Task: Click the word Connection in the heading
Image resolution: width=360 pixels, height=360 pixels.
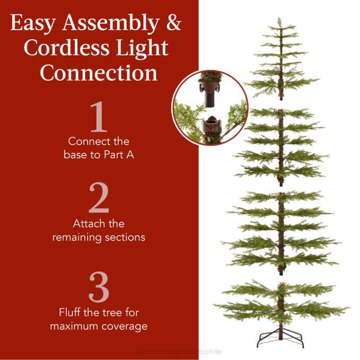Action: click(x=99, y=72)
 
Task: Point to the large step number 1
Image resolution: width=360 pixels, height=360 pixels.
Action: click(x=99, y=117)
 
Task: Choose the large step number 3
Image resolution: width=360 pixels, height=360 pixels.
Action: click(x=99, y=288)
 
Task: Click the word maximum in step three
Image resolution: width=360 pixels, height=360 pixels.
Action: click(x=74, y=326)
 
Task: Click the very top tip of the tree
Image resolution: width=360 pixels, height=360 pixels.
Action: click(x=279, y=20)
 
